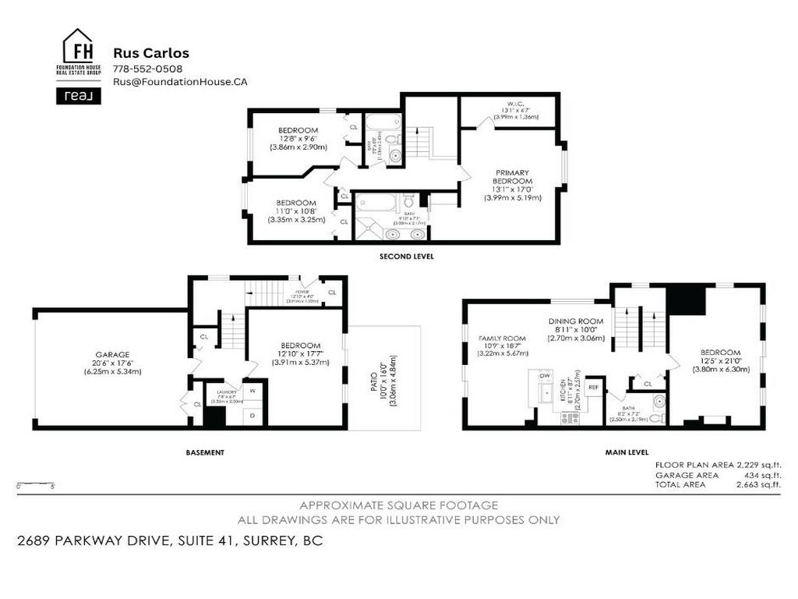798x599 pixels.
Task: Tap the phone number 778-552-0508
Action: pyautogui.click(x=148, y=69)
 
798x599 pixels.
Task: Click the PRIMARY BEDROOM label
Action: pyautogui.click(x=511, y=177)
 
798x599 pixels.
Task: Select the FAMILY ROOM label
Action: pyautogui.click(x=502, y=338)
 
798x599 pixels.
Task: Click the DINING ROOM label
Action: pyautogui.click(x=576, y=321)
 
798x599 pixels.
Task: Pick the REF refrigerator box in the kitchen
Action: pyautogui.click(x=593, y=387)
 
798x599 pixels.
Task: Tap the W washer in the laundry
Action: pyautogui.click(x=252, y=391)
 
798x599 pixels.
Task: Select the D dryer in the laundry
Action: pyautogui.click(x=252, y=415)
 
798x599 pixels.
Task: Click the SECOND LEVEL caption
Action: pyautogui.click(x=407, y=257)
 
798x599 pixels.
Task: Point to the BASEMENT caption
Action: pyautogui.click(x=205, y=452)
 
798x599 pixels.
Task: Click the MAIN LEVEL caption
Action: pyautogui.click(x=627, y=452)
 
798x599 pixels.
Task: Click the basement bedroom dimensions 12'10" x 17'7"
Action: pyautogui.click(x=300, y=354)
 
